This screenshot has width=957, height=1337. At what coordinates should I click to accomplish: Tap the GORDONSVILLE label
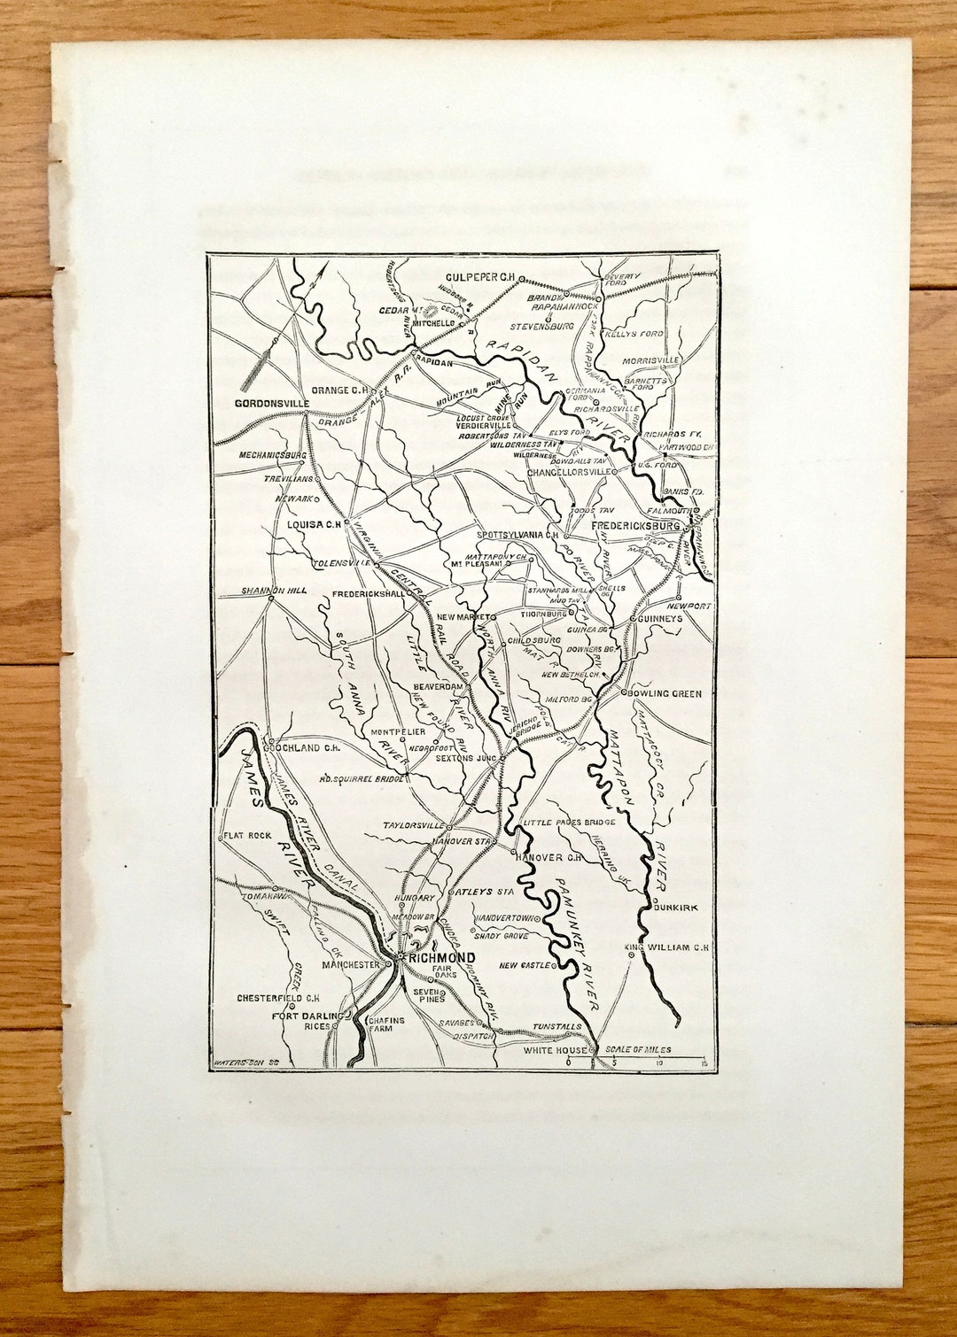[271, 404]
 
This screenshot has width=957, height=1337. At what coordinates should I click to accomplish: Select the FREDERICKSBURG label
[635, 526]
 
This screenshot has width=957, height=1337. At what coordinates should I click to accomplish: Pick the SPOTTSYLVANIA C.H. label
[517, 536]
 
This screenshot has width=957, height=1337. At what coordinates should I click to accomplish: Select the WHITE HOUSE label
[555, 1050]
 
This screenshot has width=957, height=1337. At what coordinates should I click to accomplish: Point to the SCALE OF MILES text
[638, 1050]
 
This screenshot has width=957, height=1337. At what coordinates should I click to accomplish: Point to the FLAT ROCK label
[248, 835]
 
